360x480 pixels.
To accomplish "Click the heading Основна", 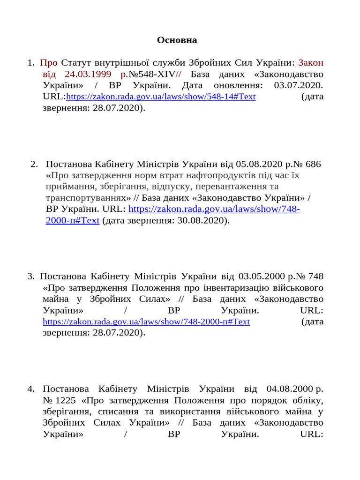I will [x=177, y=40].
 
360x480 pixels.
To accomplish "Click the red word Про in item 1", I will [x=49, y=63].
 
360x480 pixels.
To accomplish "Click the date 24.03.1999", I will [x=88, y=74].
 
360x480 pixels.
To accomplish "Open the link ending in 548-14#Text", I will [x=161, y=97].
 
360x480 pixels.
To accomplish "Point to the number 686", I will [x=313, y=164].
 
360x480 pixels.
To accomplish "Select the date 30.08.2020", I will [x=202, y=220].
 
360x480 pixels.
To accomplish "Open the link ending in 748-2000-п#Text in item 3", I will [x=146, y=322].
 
